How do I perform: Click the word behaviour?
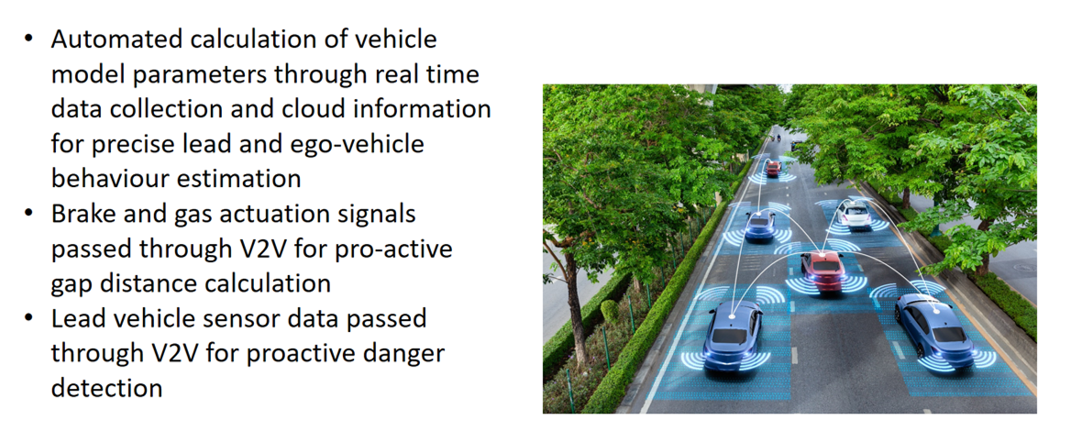(x=109, y=178)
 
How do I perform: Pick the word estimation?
(x=239, y=178)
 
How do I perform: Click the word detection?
(x=106, y=388)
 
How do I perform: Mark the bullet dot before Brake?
(x=28, y=213)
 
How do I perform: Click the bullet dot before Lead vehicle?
(x=28, y=317)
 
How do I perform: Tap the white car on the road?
(x=854, y=213)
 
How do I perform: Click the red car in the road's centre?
(x=823, y=271)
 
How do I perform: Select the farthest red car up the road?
(x=773, y=168)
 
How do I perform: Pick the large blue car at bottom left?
(x=733, y=335)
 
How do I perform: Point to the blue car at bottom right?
(x=935, y=330)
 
